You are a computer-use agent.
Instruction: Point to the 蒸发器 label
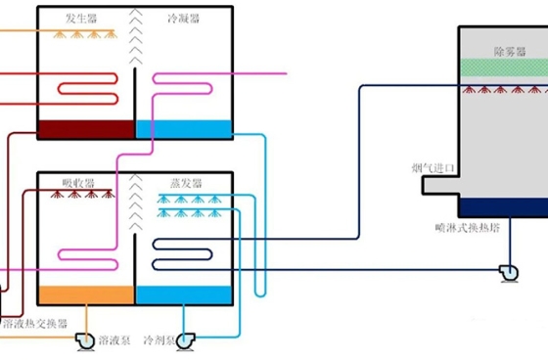point(185,183)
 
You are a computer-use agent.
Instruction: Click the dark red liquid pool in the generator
point(84,129)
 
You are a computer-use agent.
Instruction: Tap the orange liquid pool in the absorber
point(84,294)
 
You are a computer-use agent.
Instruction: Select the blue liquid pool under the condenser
point(183,128)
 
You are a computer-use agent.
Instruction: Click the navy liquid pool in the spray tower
point(503,207)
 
